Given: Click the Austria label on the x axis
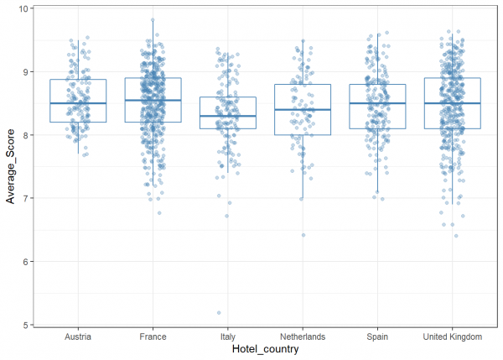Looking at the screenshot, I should coord(76,337).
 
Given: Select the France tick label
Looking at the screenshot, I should coord(153,337).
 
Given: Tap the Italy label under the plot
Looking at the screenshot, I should coord(227,337).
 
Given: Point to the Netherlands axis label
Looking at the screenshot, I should coord(303,337).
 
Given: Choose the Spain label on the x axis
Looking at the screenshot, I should coord(377,337).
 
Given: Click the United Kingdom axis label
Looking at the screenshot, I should coord(453,337).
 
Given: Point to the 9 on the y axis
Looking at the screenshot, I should coord(25,72).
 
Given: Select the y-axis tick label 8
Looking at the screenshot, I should coord(25,135).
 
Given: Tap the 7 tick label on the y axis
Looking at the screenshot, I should coord(25,198).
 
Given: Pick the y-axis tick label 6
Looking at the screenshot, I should coord(25,262).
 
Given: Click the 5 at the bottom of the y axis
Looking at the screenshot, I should coord(25,325).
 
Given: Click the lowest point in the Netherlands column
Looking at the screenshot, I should coord(303,235).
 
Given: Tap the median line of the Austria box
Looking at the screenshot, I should coord(77,103).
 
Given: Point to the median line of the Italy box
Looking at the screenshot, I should coord(227,116).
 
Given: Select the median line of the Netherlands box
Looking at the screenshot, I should coord(303,110).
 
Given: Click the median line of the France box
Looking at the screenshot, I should coord(153,100).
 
